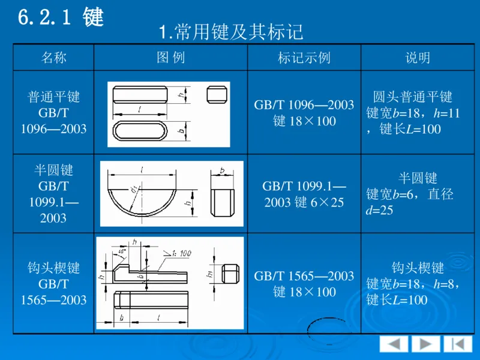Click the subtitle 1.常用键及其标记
tap(231, 32)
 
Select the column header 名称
tap(53, 58)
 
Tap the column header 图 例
tap(170, 58)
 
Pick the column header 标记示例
tap(304, 58)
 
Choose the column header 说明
tap(418, 58)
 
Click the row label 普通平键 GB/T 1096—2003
tap(53, 113)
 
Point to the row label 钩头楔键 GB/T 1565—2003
tap(53, 283)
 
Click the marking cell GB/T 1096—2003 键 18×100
tap(304, 113)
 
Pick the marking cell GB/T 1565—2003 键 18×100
tap(304, 284)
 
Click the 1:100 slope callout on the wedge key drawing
tap(178, 254)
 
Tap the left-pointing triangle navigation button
tap(394, 344)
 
